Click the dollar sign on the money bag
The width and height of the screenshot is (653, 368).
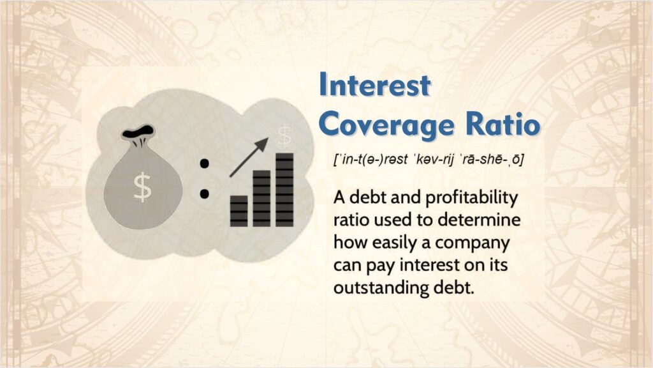point(142,187)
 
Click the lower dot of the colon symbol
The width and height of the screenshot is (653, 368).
point(205,192)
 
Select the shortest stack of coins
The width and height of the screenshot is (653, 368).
point(239,211)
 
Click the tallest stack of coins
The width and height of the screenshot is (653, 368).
point(284,190)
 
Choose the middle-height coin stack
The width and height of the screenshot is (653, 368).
point(261,198)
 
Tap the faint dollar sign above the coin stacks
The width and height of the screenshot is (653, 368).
point(284,135)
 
